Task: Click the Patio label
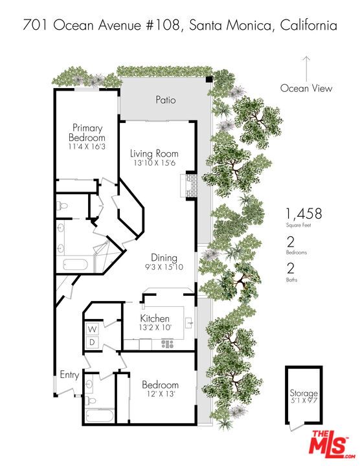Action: click(x=165, y=100)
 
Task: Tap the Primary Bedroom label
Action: click(x=87, y=133)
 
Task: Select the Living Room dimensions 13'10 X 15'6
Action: click(x=153, y=164)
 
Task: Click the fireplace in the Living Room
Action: click(x=189, y=186)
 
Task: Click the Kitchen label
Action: click(x=155, y=318)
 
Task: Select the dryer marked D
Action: click(x=92, y=342)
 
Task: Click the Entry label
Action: click(x=69, y=375)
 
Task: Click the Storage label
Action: click(x=303, y=393)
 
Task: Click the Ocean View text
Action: click(x=306, y=89)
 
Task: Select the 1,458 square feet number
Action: click(x=304, y=214)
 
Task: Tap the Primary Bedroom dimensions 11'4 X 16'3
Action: click(x=87, y=147)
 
